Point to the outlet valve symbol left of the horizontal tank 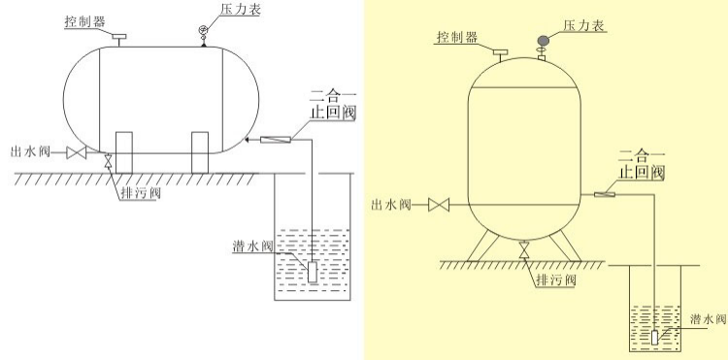[77, 153]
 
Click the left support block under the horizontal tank [124, 151]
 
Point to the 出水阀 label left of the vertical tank [393, 205]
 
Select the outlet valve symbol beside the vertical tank [442, 205]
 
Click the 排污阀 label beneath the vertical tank [556, 281]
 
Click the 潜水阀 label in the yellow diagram [705, 318]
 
